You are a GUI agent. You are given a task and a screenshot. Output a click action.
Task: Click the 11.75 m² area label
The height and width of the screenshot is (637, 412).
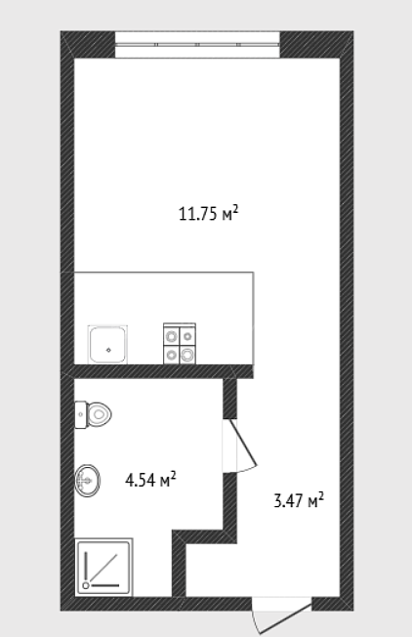tap(208, 213)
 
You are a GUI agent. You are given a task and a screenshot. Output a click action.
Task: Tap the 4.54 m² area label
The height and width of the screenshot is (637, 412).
tap(150, 480)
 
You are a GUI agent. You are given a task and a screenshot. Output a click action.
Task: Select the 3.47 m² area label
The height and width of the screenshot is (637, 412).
tap(299, 500)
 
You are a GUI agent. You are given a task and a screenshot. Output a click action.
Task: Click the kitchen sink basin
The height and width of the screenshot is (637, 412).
tap(107, 345)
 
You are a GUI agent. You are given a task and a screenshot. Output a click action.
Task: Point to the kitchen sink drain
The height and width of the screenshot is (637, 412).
tap(108, 350)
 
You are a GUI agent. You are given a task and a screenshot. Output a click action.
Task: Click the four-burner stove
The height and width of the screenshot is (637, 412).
tap(180, 344)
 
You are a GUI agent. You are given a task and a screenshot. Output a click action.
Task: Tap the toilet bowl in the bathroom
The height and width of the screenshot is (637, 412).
tap(99, 414)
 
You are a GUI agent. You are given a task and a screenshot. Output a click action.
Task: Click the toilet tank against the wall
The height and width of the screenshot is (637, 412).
tap(81, 415)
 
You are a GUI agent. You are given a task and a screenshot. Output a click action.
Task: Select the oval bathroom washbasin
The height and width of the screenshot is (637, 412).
tap(87, 481)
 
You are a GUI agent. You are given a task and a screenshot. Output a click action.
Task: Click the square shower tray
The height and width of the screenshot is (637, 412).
tap(103, 567)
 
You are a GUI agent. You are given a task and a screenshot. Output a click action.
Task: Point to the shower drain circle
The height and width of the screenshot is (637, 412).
tap(86, 585)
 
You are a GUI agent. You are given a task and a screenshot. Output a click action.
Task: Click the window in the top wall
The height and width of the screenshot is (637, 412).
tap(197, 45)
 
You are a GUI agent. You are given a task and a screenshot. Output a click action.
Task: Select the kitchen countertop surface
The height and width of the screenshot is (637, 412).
tap(164, 318)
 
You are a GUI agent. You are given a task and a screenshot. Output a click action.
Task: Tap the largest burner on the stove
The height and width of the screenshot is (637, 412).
tap(187, 356)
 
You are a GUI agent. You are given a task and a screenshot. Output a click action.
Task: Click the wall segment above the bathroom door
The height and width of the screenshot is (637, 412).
tap(229, 399)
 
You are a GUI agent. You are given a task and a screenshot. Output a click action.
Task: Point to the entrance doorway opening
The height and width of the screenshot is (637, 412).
tap(282, 604)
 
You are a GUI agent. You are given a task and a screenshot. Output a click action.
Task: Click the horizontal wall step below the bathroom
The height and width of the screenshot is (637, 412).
tap(205, 536)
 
